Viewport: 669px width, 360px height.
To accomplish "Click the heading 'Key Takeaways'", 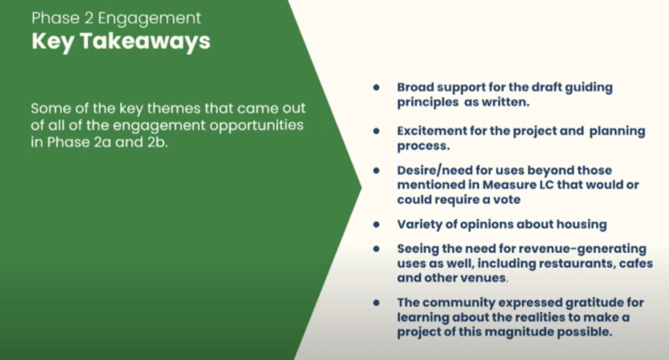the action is click(121, 43).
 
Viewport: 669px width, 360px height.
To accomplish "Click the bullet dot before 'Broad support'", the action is click(376, 87).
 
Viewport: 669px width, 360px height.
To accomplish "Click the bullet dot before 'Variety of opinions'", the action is click(376, 225).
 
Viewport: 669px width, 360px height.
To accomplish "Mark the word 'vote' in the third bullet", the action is click(507, 200).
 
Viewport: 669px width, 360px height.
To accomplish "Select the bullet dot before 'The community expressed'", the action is click(376, 302).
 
